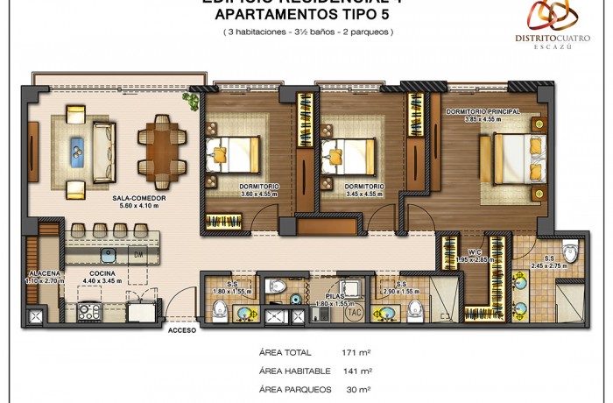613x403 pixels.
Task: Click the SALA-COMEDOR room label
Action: (x=138, y=199)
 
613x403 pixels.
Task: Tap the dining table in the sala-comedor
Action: (x=160, y=147)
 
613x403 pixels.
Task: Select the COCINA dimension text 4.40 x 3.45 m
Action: (x=102, y=280)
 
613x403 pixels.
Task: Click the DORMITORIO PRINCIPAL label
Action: (x=483, y=112)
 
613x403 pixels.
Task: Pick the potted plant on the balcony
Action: (x=190, y=99)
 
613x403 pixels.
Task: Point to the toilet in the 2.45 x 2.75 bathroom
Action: (x=569, y=252)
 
